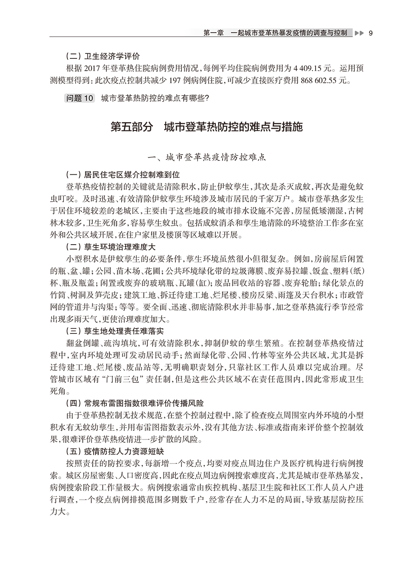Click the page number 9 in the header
370,33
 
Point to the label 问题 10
80,98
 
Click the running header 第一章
213,33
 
